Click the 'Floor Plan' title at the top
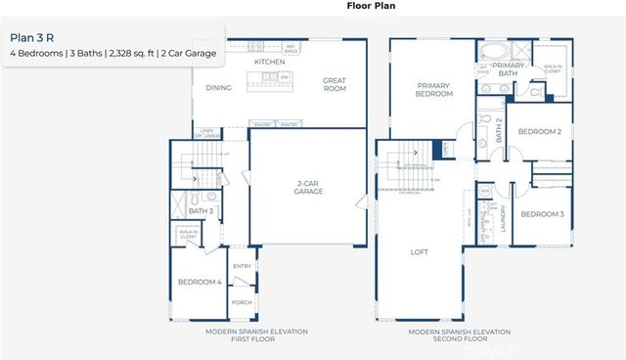click(x=370, y=5)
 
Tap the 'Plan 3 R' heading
click(x=31, y=38)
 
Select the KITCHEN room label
click(x=269, y=62)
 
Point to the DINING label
click(x=218, y=87)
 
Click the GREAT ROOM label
click(x=335, y=85)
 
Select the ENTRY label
click(x=242, y=265)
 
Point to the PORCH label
click(x=242, y=302)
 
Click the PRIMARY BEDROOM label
click(x=432, y=90)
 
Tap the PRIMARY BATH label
click(x=507, y=68)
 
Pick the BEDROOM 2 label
click(x=539, y=132)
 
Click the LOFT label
click(x=419, y=251)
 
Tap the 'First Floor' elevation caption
click(x=256, y=337)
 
